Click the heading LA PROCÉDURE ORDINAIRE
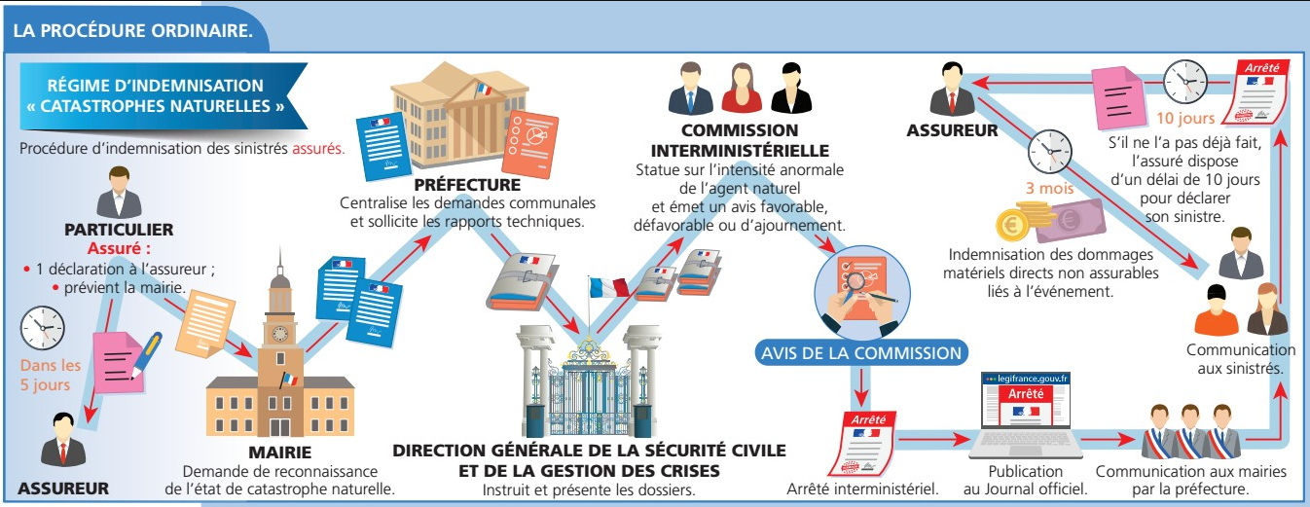tap(134, 30)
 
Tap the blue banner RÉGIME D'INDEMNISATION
tap(156, 94)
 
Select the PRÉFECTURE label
tap(467, 185)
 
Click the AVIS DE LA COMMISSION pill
tap(859, 352)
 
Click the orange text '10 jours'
tap(1185, 121)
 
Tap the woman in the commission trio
tap(742, 89)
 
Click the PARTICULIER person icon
tap(118, 194)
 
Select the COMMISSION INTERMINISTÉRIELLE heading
tap(741, 140)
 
